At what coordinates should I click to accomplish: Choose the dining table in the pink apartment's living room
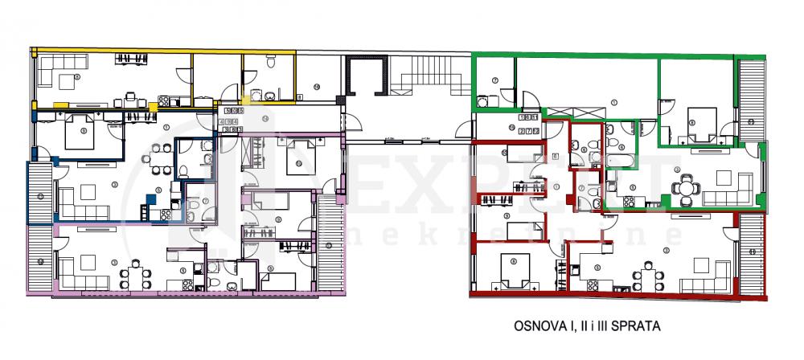coord(135,273)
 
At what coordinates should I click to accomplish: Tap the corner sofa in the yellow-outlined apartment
coord(56,76)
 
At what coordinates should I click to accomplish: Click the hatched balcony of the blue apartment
coord(39,192)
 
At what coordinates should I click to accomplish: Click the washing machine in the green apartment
coord(483,102)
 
